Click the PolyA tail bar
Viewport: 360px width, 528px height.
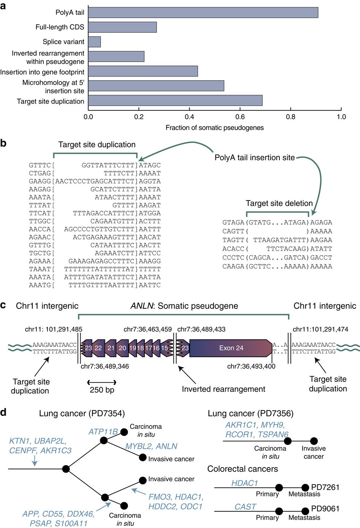click(x=203, y=13)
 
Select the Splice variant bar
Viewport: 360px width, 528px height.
click(x=94, y=42)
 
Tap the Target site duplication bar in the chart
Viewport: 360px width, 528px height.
click(x=175, y=101)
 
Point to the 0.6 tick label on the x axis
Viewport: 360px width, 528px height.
click(x=240, y=117)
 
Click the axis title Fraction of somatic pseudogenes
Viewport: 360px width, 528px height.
click(x=214, y=128)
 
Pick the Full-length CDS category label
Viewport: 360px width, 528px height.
click(x=60, y=27)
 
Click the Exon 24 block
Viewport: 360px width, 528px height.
click(x=231, y=348)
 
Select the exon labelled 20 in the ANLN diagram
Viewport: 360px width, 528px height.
click(x=122, y=348)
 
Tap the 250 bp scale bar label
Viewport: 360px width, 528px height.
click(x=102, y=390)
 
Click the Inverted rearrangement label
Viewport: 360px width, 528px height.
click(x=223, y=389)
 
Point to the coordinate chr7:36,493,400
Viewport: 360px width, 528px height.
click(x=251, y=366)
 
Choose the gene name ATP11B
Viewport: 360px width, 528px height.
click(x=103, y=432)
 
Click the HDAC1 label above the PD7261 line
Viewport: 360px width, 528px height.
click(x=245, y=483)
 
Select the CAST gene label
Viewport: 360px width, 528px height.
click(x=245, y=507)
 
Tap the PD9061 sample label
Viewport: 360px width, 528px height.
click(x=325, y=509)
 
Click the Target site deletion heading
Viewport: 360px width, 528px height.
click(x=279, y=203)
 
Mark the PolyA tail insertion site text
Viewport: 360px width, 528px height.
click(x=254, y=157)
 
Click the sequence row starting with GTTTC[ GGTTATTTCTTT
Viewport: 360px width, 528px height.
click(x=95, y=165)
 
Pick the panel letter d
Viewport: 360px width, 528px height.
click(x=3, y=412)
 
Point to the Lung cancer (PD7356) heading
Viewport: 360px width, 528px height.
click(x=250, y=413)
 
